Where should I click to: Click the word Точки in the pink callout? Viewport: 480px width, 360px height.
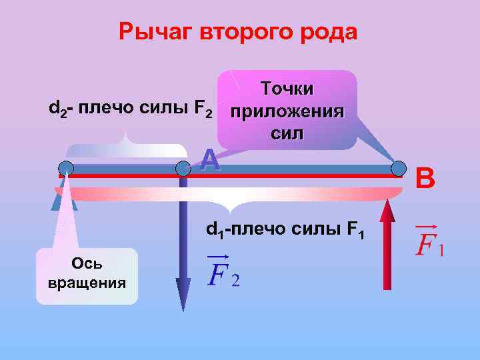tap(288, 89)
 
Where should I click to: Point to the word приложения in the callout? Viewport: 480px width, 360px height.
tap(288, 111)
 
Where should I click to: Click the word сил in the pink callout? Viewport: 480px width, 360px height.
tap(288, 133)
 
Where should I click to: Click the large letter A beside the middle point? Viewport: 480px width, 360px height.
tap(210, 159)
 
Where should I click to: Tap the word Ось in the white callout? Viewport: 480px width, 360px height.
tap(87, 266)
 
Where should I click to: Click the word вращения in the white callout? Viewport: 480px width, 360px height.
tap(87, 283)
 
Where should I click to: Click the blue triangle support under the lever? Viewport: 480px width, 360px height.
tap(65, 196)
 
